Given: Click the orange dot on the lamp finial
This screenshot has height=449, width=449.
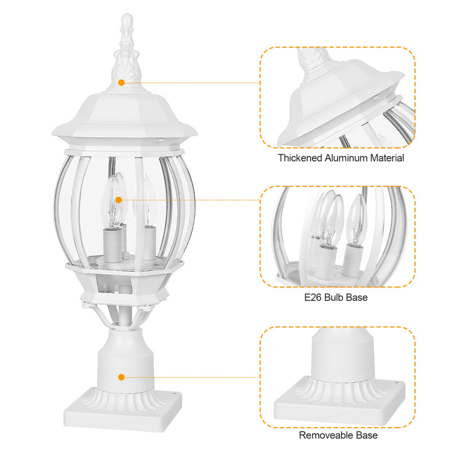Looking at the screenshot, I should (x=121, y=83).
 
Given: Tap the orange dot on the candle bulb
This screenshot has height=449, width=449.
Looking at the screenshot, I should (x=118, y=199).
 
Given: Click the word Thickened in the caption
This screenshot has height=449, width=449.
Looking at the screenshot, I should (x=300, y=158).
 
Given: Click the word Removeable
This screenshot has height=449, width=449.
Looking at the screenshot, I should (x=325, y=435).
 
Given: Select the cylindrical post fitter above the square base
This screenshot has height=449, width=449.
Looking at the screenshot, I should (x=124, y=359).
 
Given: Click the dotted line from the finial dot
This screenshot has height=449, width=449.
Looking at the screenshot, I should (x=191, y=83).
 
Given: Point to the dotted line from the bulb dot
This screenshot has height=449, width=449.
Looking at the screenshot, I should (x=191, y=199).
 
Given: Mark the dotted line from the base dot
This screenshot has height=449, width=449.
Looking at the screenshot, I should (x=191, y=378).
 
